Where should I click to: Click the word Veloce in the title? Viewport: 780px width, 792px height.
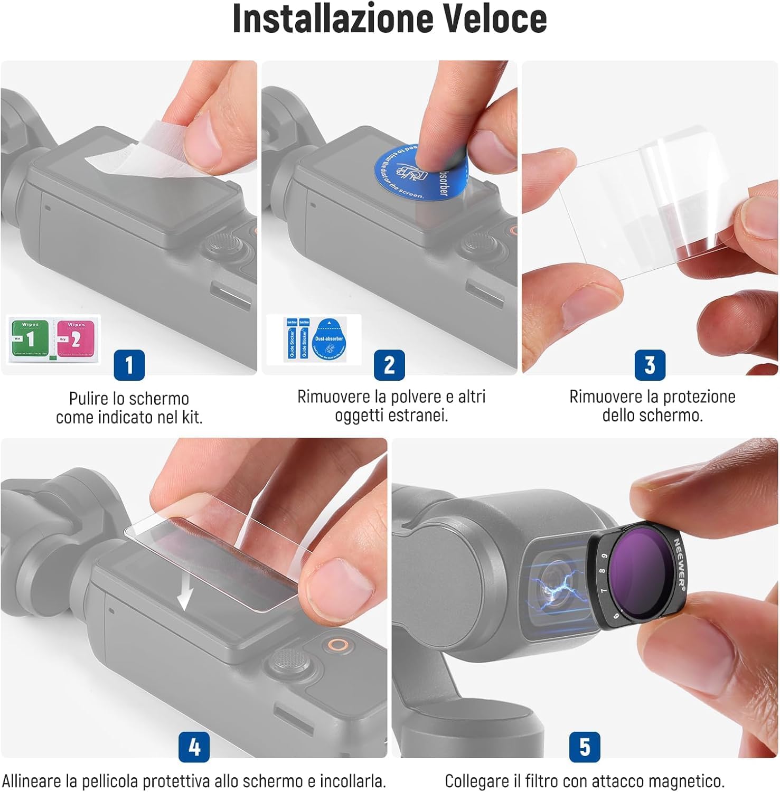tap(494, 19)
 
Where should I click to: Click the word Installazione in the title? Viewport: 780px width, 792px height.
tap(334, 19)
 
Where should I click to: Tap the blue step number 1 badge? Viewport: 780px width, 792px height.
tap(129, 364)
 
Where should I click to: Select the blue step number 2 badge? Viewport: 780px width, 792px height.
tap(389, 364)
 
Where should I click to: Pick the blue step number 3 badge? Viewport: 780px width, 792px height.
tap(650, 364)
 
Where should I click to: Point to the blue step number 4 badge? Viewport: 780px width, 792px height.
tap(194, 747)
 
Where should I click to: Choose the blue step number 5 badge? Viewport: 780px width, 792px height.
tap(585, 747)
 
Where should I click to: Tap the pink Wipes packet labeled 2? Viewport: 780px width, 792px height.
tap(76, 339)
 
